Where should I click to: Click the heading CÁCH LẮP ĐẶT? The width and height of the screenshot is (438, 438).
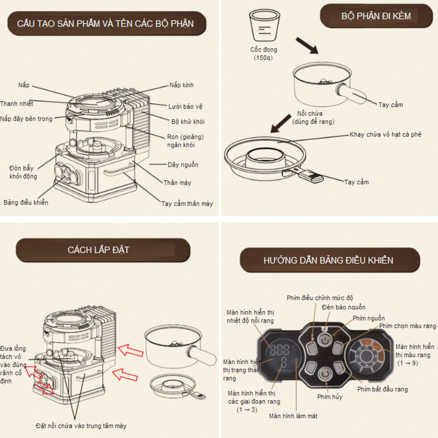pos(98,250)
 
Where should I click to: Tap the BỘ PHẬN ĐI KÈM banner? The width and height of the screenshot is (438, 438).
pos(376,16)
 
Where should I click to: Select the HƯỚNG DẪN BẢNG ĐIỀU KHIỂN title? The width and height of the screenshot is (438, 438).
pos(328,260)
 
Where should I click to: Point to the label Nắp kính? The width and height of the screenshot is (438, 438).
pos(181,85)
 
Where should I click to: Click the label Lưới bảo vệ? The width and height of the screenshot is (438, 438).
pos(186,106)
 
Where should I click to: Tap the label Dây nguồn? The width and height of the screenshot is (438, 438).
pos(183,165)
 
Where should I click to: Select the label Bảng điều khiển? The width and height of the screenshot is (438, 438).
pos(26,203)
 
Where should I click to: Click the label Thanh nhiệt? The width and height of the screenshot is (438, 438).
pos(16,104)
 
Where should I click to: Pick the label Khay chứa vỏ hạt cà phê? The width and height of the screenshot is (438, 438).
pos(385,134)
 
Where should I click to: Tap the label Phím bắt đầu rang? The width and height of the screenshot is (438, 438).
pos(382,389)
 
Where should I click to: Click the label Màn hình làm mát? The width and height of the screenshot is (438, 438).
pos(293,415)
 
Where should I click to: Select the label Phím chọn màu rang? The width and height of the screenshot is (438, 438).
pos(407,326)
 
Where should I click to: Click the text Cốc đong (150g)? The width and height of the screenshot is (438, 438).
pos(264,54)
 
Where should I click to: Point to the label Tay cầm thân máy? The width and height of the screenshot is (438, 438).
pos(187,204)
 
